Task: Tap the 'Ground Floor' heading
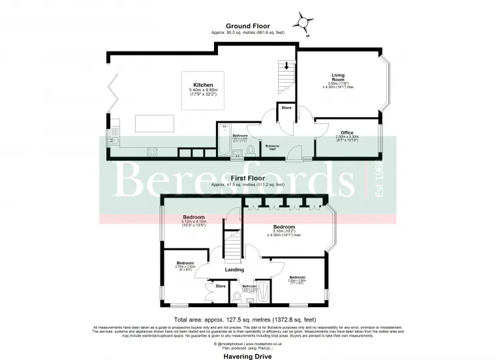247,26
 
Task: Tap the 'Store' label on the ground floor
286,108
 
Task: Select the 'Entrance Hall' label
273,147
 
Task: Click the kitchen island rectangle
154,123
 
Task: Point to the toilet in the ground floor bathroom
249,151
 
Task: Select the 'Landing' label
234,269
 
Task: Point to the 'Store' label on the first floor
220,286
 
